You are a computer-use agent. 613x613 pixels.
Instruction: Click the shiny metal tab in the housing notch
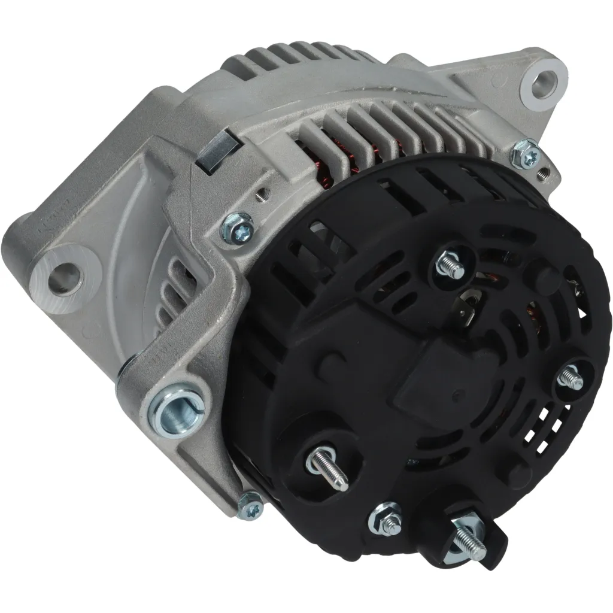(x=216, y=154)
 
